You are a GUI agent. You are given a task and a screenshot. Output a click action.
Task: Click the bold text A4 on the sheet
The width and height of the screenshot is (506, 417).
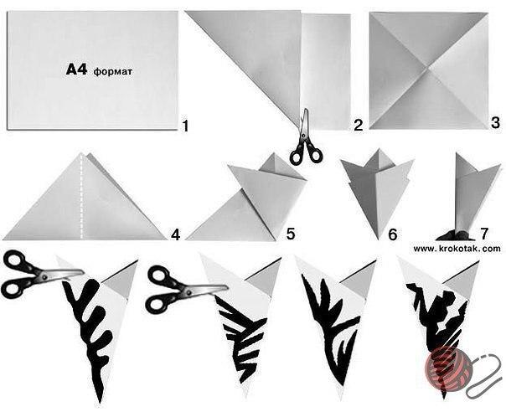coord(76,69)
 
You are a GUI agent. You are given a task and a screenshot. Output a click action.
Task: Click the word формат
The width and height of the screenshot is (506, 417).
coord(113,72)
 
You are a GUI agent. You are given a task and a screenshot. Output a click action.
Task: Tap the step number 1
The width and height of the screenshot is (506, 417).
coord(185,126)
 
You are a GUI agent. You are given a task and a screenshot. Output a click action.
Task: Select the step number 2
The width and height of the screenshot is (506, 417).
coord(359,126)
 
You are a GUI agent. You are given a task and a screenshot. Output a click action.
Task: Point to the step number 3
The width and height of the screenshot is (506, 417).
coord(496,123)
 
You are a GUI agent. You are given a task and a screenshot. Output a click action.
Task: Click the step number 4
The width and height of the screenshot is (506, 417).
coord(175,234)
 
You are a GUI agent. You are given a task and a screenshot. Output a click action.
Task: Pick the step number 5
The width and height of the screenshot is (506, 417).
coord(291,234)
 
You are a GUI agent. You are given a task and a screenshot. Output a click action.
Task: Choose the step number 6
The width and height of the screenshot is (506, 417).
coord(392,234)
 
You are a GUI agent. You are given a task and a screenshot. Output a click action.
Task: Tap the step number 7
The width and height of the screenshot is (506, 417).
coord(484,234)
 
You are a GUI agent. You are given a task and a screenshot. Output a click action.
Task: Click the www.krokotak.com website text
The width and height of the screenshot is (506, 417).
coord(457,249)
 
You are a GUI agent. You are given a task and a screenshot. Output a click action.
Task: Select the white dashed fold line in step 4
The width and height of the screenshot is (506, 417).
coord(81,197)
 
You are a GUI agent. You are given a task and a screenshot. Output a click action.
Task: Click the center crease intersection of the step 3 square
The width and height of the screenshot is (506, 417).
coord(429,69)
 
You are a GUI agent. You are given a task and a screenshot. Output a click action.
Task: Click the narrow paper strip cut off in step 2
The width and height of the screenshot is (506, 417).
coord(326,72)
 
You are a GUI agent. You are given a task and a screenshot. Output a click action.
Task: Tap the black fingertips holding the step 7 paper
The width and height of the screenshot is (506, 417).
coord(455,235)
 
